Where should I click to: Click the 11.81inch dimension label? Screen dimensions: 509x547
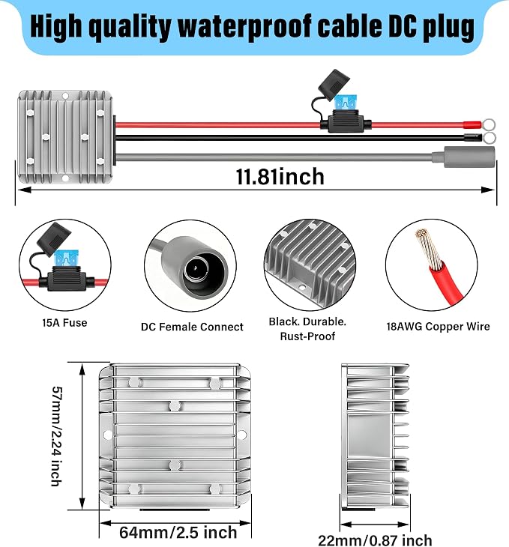(280, 177)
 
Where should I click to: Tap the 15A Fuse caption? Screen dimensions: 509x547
(64, 323)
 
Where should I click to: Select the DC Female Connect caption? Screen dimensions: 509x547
(192, 327)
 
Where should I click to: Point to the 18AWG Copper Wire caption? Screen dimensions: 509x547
(438, 327)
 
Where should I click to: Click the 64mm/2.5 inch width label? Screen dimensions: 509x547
(178, 532)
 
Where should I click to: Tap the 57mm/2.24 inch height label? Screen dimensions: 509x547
(56, 436)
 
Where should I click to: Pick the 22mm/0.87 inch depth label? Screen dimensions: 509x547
(375, 540)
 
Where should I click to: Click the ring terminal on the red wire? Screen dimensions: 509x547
(489, 124)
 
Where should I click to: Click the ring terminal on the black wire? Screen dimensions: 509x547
(489, 138)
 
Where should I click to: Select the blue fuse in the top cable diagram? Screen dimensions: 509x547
(345, 103)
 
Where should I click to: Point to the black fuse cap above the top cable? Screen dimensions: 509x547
(334, 85)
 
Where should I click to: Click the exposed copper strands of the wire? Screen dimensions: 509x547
(427, 247)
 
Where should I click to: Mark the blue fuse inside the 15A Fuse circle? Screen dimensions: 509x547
(66, 259)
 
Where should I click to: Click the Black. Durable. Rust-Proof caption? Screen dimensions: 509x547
(307, 329)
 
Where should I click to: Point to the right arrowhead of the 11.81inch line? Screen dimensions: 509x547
(489, 190)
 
